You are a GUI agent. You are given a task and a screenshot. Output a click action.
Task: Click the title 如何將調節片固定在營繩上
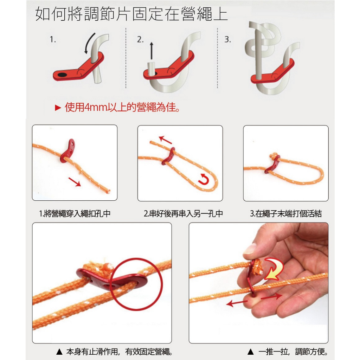[131, 14]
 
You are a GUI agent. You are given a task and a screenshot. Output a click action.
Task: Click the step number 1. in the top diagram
[53, 39]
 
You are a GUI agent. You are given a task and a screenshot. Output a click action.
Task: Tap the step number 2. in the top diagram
[140, 39]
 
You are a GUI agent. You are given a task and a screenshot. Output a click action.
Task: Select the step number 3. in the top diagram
[227, 39]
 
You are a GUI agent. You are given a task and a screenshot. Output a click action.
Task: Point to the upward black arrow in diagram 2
[151, 50]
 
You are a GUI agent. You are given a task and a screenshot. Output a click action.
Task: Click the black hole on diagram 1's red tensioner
[62, 75]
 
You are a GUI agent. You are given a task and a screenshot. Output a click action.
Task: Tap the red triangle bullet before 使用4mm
[58, 108]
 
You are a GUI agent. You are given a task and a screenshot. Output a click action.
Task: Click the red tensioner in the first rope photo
[68, 151]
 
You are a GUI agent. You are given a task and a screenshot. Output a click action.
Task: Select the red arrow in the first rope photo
[75, 182]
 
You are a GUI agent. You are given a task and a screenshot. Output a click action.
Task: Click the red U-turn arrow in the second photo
[204, 179]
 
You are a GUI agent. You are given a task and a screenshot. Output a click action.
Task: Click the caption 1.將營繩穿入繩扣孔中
[75, 213]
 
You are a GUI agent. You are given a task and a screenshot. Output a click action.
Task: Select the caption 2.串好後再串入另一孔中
[183, 213]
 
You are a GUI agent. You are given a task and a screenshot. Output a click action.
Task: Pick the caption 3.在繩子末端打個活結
[285, 213]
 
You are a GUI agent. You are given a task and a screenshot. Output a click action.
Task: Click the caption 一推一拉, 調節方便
[293, 351]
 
